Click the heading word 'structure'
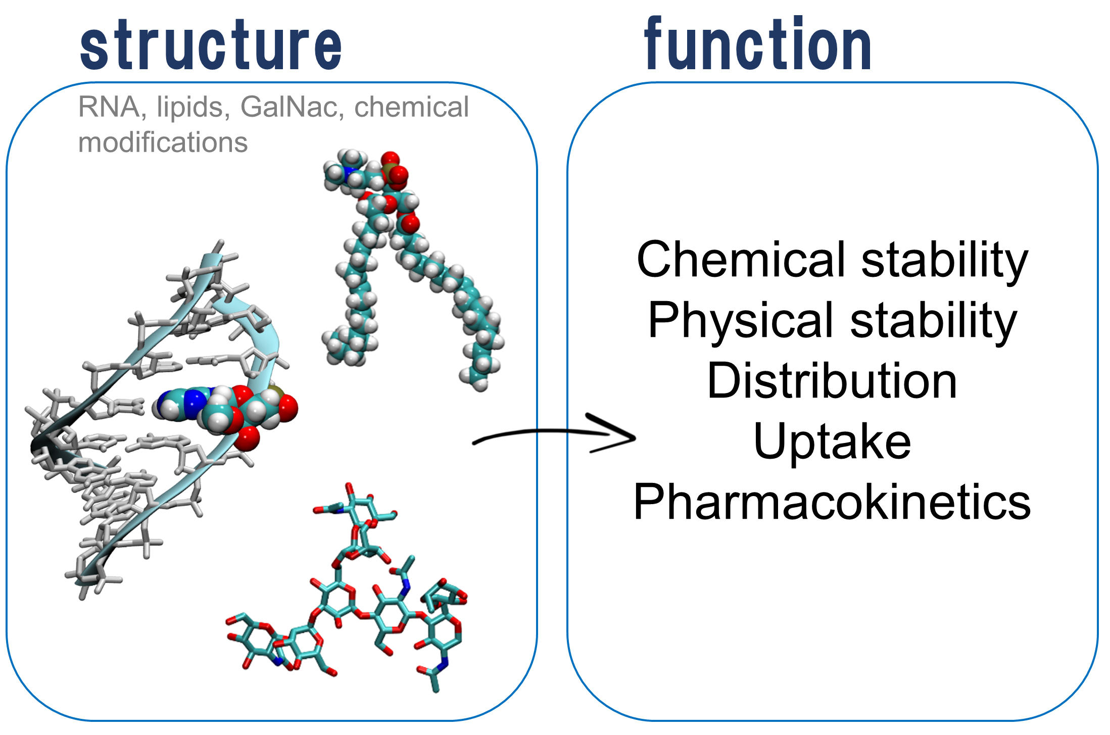tap(211, 45)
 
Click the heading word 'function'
tap(757, 44)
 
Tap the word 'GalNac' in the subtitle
tap(288, 107)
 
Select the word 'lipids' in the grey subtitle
tap(189, 107)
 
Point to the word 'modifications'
tap(163, 142)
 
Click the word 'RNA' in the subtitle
tap(109, 107)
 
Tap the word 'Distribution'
tap(832, 381)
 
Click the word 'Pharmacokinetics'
tap(832, 502)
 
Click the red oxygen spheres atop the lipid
tap(394, 167)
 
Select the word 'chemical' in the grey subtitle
tap(411, 107)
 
